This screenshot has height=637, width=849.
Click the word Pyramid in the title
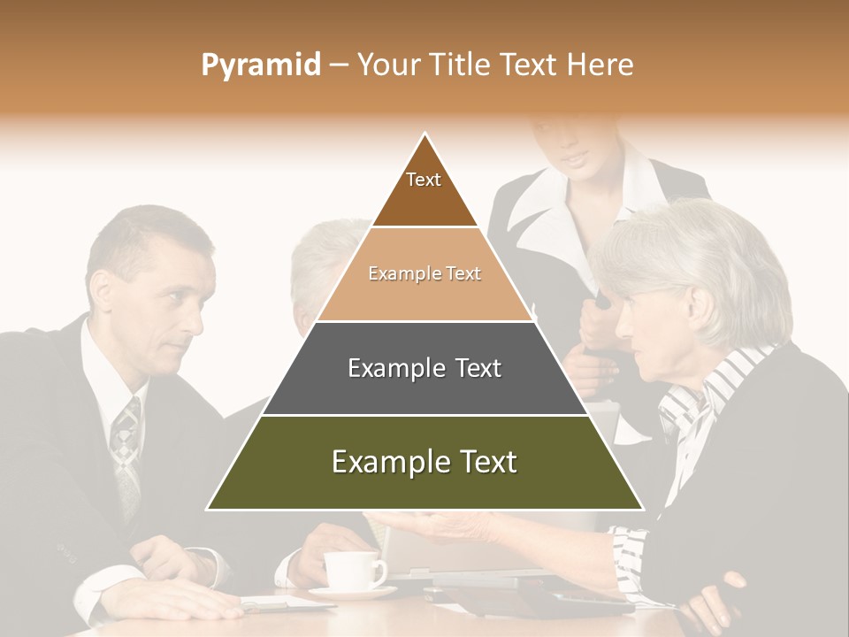260,65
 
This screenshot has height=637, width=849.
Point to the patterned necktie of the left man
126,451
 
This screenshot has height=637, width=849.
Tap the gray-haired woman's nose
623,322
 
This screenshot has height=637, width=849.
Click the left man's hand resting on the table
168,601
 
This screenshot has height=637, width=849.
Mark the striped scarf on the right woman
699,398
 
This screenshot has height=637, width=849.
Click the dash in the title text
339,65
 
